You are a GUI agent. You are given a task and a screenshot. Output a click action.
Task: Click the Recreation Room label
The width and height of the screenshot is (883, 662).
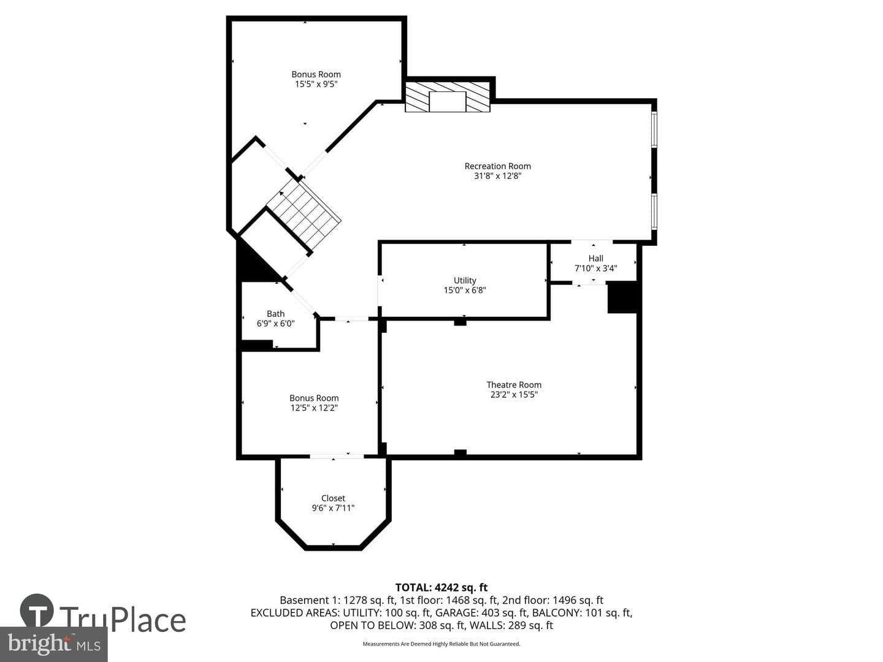(x=497, y=166)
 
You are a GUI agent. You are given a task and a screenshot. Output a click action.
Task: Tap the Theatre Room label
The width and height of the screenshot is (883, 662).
(x=514, y=385)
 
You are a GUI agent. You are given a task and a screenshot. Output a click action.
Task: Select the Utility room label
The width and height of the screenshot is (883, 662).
(x=465, y=281)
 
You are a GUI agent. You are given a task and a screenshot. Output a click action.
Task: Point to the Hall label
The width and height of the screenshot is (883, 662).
(x=596, y=259)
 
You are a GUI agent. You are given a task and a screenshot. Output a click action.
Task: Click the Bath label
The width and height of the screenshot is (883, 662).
(x=275, y=313)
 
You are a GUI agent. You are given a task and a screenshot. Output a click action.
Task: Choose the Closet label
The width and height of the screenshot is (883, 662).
(x=333, y=498)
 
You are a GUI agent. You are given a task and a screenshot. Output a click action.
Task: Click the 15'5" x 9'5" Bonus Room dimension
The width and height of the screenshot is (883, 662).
(x=316, y=84)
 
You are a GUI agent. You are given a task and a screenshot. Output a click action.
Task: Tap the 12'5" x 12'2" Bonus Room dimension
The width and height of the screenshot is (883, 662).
(x=314, y=408)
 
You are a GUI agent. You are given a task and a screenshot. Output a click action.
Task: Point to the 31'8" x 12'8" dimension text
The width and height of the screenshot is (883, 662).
(x=497, y=176)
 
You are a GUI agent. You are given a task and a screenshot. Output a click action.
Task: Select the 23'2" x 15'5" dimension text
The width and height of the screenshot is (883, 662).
(x=514, y=394)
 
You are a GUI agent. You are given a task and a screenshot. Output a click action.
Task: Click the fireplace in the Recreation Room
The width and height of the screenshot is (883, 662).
(x=448, y=97)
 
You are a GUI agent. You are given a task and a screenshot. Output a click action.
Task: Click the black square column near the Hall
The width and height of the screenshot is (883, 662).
(x=622, y=297)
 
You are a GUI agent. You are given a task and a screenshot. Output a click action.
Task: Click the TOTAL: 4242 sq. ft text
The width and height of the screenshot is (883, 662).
(x=442, y=588)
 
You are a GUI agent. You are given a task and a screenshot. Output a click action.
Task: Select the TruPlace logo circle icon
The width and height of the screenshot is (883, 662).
(x=37, y=611)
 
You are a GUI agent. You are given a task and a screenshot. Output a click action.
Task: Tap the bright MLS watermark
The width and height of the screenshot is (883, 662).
(x=53, y=644)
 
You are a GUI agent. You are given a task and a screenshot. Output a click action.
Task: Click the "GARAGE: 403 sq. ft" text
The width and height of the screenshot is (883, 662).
(x=462, y=612)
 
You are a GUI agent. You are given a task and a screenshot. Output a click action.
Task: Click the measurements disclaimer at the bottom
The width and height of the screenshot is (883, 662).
(x=442, y=644)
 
